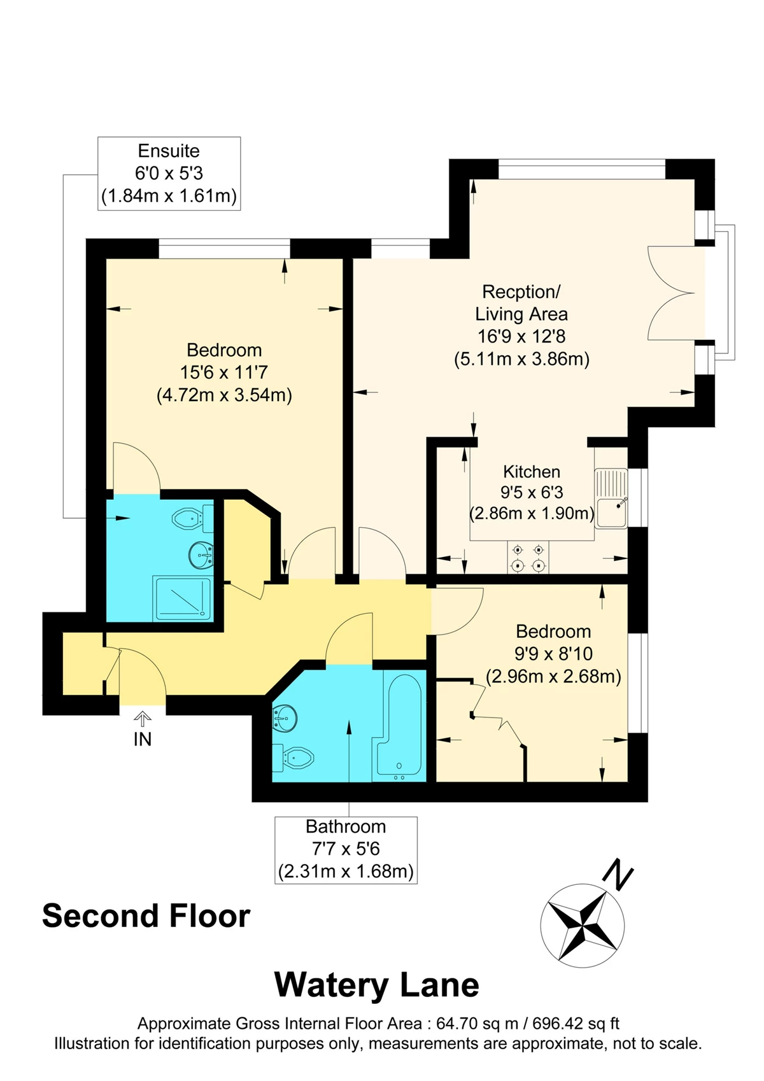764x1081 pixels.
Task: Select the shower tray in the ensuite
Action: click(182, 598)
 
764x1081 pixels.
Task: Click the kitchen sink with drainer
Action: click(611, 498)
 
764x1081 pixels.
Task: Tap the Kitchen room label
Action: click(532, 472)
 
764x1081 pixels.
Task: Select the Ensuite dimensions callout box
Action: click(169, 173)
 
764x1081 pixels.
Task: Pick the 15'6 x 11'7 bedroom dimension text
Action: click(224, 372)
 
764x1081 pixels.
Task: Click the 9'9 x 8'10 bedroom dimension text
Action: click(553, 653)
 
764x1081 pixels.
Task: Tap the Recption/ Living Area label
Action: click(521, 302)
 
